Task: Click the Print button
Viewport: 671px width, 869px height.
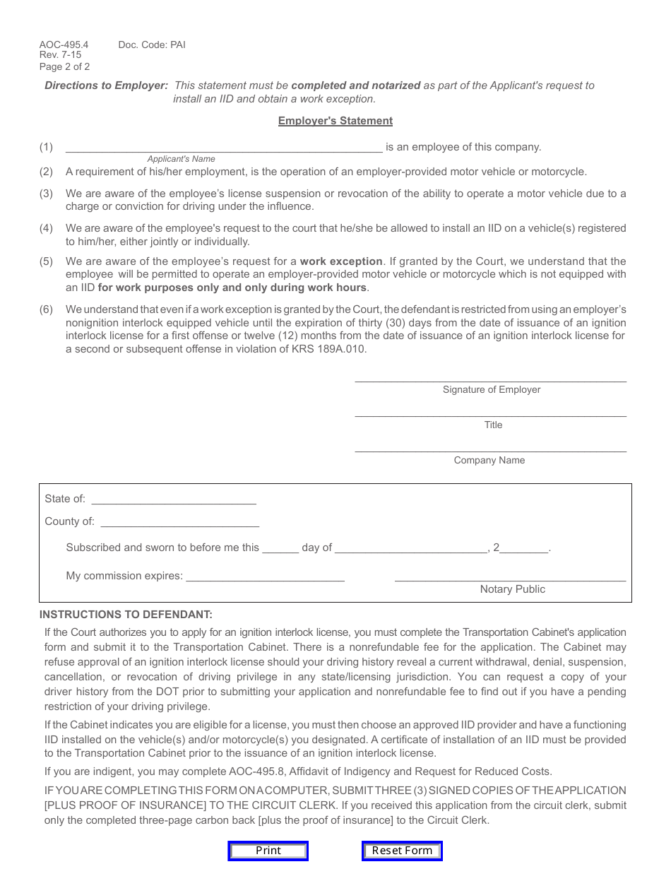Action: (x=268, y=851)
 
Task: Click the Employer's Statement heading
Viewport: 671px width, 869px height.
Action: (x=335, y=121)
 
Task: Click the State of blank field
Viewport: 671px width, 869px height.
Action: (x=174, y=499)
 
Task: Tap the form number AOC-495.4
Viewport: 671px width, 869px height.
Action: (x=64, y=45)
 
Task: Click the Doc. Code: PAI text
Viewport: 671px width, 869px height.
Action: (x=152, y=45)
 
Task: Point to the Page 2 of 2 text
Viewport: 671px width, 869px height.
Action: (x=65, y=67)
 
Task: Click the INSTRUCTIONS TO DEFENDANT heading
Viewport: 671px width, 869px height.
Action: (x=126, y=615)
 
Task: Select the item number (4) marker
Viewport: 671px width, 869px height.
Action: (x=46, y=228)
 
